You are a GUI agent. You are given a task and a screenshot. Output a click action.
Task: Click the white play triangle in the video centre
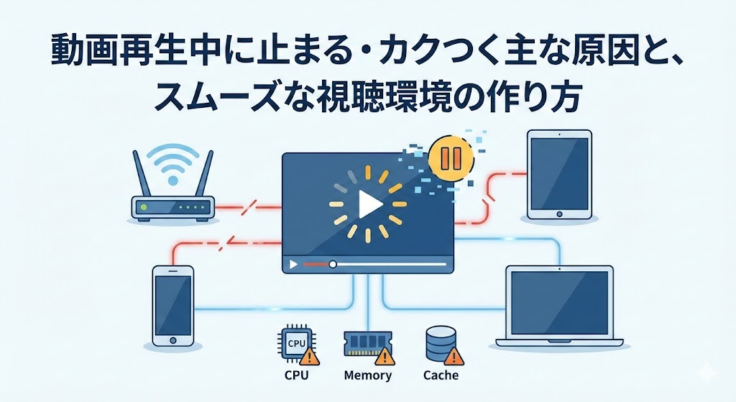pos(369,206)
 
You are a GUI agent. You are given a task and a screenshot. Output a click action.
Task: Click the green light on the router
pos(144,207)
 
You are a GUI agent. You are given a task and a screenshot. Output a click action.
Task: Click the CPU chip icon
pos(295,344)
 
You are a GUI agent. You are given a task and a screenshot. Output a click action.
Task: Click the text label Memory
pos(367,375)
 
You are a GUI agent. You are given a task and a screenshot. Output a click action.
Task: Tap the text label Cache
pos(441,375)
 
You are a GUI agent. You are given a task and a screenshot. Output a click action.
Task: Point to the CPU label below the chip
pos(295,375)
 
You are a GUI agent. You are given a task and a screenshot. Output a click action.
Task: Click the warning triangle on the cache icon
pos(452,356)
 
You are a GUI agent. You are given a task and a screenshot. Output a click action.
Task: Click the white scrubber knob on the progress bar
pos(333,264)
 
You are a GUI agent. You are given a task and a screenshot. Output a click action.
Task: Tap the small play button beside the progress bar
pos(293,264)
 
